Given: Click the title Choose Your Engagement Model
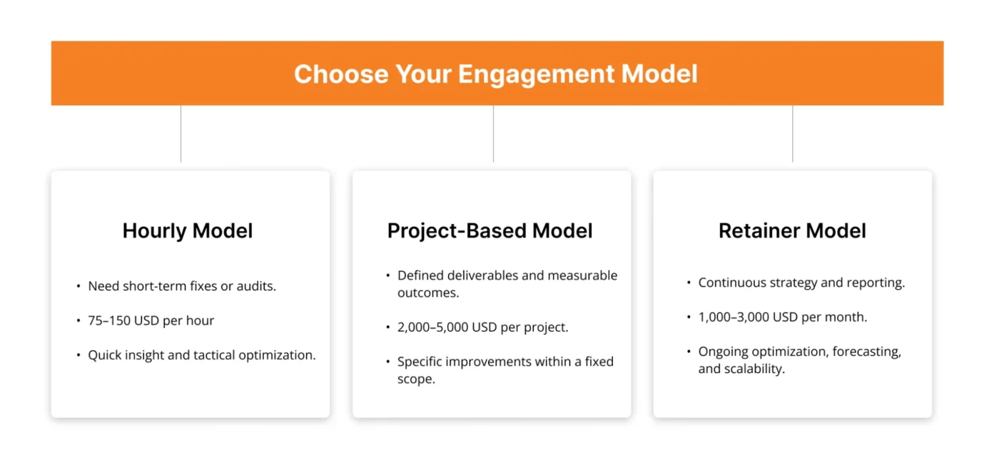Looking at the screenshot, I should pyautogui.click(x=496, y=74).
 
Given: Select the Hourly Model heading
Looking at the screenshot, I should pyautogui.click(x=188, y=231).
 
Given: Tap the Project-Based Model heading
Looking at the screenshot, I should pyautogui.click(x=490, y=231).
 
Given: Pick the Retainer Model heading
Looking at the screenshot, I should pyautogui.click(x=792, y=231).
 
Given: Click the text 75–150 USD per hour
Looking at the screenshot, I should pyautogui.click(x=151, y=321).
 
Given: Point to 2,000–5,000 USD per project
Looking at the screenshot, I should pyautogui.click(x=482, y=327).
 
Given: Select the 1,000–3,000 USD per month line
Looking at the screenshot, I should pyautogui.click(x=782, y=317).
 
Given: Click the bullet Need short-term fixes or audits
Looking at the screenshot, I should pyautogui.click(x=181, y=286).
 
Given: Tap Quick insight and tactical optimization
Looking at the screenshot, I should pyautogui.click(x=201, y=355).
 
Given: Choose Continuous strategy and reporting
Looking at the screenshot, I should pyautogui.click(x=801, y=283).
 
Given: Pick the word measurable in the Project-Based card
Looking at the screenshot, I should pyautogui.click(x=582, y=276).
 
